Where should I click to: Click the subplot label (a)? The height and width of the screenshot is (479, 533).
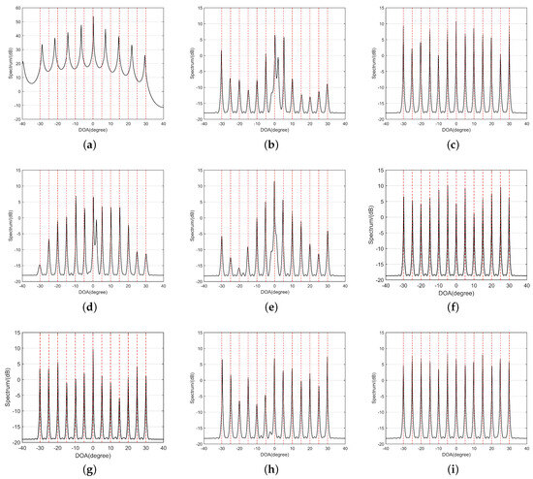pyautogui.click(x=93, y=144)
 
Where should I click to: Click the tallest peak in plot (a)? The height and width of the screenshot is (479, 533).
pyautogui.click(x=93, y=16)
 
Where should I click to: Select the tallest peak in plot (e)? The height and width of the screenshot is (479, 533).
pyautogui.click(x=274, y=181)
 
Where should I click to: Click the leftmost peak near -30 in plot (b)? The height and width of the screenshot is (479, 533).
pyautogui.click(x=222, y=50)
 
